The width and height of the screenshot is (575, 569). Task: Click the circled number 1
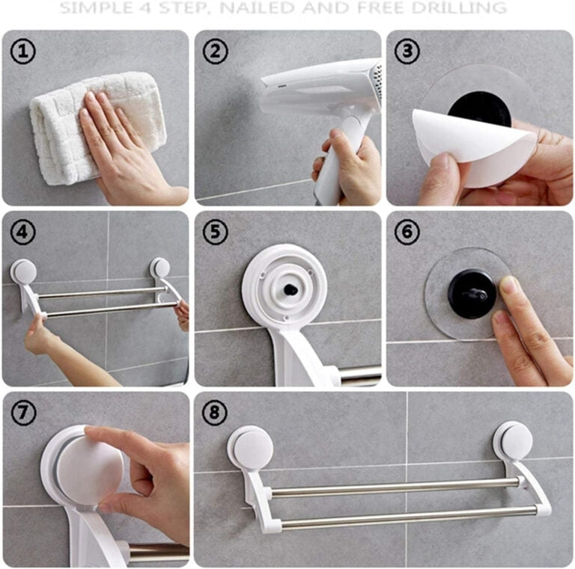pos(23,52)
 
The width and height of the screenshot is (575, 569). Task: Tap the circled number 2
pos(216,52)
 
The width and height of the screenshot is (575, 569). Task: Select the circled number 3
pos(407,52)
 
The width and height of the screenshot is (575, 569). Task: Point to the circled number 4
pos(23,232)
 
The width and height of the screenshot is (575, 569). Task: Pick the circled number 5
pos(216,232)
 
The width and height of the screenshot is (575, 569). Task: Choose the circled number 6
pos(407,232)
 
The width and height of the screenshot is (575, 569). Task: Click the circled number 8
pos(215,413)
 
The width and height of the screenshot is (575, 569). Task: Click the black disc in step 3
pos(480,107)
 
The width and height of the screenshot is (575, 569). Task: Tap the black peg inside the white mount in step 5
pos(290,289)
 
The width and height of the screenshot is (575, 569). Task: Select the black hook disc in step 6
pos(472,294)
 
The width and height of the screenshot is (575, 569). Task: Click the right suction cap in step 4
pos(160,267)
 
